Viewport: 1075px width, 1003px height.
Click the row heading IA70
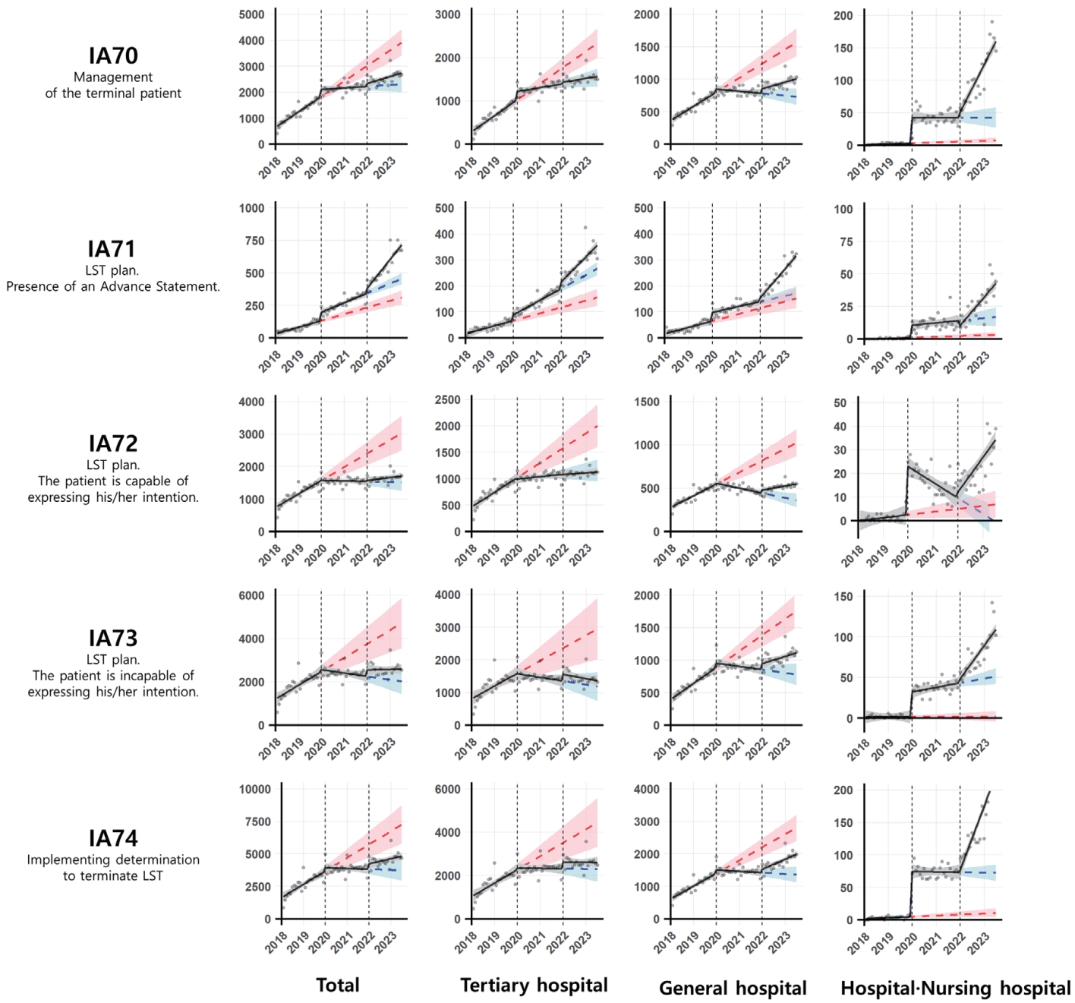pyautogui.click(x=113, y=55)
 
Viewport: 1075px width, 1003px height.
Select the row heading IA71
pyautogui.click(x=112, y=249)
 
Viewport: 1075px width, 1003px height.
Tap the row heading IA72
pyautogui.click(x=113, y=443)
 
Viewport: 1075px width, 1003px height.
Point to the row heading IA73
pyautogui.click(x=113, y=638)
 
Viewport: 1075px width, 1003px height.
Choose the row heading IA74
pyautogui.click(x=113, y=837)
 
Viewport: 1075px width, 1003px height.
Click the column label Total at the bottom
pyautogui.click(x=338, y=986)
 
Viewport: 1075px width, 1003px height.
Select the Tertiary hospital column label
pyautogui.click(x=534, y=986)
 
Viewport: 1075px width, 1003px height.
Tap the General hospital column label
pyautogui.click(x=733, y=988)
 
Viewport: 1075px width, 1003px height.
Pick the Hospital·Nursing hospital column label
pyautogui.click(x=955, y=988)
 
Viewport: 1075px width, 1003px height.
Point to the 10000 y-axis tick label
pyautogui.click(x=254, y=790)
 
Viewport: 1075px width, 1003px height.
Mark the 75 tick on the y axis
pyautogui.click(x=843, y=241)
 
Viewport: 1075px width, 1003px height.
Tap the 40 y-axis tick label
pyautogui.click(x=840, y=427)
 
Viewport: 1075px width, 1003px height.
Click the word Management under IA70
pyautogui.click(x=113, y=77)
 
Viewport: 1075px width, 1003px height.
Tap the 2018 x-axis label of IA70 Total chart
pyautogui.click(x=270, y=167)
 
